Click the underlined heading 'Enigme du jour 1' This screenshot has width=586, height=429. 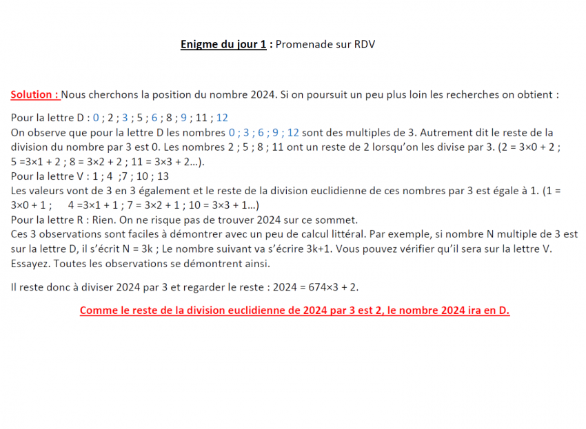click(x=224, y=45)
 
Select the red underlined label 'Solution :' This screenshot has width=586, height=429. click(x=34, y=94)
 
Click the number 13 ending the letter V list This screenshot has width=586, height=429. click(x=163, y=176)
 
